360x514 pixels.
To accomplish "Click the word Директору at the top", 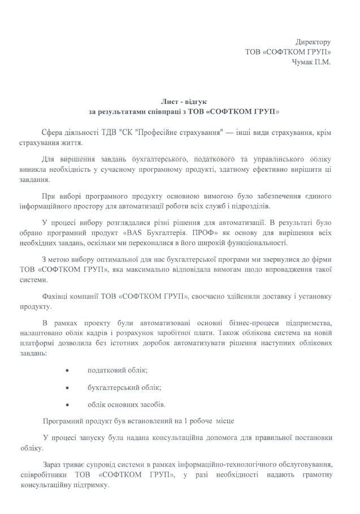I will tap(313, 42).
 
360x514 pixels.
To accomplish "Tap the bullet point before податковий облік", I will tap(68, 370).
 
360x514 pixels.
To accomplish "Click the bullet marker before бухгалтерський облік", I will tap(68, 387).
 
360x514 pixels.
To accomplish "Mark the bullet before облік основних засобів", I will tap(68, 405).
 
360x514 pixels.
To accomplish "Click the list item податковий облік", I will tap(116, 370).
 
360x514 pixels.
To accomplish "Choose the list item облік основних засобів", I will tap(126, 405).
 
